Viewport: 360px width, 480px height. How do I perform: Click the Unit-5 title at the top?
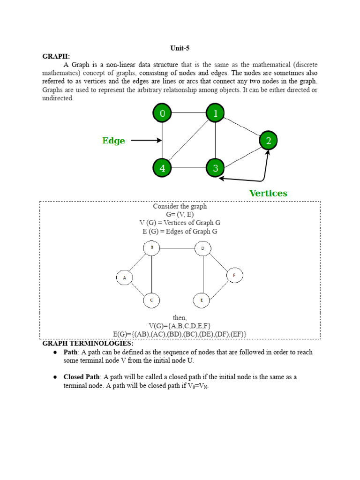[180, 48]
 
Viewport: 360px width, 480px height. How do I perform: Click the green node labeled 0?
[162, 113]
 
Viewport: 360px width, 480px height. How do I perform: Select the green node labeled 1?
[215, 113]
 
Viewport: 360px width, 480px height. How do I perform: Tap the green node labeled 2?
[268, 140]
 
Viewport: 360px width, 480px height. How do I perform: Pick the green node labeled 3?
[215, 168]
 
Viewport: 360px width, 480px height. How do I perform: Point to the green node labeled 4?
[162, 168]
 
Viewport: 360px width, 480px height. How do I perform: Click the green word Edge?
[114, 141]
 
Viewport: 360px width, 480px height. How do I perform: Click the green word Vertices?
[268, 193]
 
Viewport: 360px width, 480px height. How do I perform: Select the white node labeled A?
[125, 278]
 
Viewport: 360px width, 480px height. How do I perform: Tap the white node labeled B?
[151, 247]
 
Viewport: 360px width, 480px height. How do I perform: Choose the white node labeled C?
[151, 300]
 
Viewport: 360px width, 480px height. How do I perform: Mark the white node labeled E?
[202, 300]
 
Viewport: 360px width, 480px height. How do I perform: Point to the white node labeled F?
[234, 276]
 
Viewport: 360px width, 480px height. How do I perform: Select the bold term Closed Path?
[82, 376]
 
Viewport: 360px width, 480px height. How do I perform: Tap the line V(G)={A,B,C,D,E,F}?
[180, 325]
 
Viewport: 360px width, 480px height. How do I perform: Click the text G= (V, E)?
[180, 214]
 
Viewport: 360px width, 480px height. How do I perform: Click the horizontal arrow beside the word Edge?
[146, 140]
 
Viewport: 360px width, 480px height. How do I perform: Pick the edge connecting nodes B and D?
[177, 247]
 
